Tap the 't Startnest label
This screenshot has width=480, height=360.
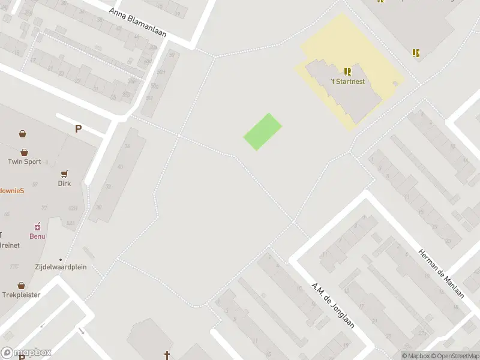tap(347, 82)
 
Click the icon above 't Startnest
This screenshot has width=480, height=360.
tap(347, 71)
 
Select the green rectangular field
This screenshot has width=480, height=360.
tap(263, 132)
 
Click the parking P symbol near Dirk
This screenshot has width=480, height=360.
tap(78, 128)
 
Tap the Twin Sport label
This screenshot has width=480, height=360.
tap(25, 161)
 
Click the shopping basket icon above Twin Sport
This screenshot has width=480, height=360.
tap(25, 152)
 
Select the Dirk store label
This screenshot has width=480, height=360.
tap(64, 183)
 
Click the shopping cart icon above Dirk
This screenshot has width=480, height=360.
tap(64, 173)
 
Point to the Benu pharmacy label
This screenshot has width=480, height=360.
tap(38, 236)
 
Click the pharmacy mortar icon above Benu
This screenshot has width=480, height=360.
tap(38, 226)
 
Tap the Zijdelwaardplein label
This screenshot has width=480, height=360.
tap(60, 267)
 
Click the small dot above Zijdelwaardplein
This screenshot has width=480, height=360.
tap(60, 260)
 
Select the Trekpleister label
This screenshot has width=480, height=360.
tap(21, 295)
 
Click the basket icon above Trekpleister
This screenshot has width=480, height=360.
tap(22, 286)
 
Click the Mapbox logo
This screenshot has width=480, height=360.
tap(26, 353)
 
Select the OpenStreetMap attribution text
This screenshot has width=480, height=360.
tap(454, 356)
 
